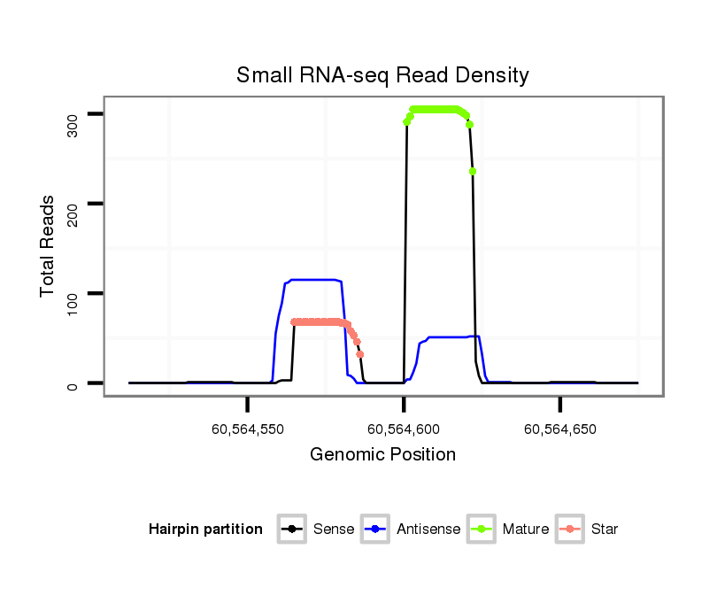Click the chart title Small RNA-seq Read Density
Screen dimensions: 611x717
click(x=382, y=75)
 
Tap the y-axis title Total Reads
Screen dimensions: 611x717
click(x=49, y=246)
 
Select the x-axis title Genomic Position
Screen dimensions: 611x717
click(x=382, y=455)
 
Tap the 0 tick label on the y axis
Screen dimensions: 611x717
click(x=73, y=383)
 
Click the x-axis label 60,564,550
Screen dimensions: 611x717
click(x=248, y=429)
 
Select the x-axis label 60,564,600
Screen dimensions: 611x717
click(x=404, y=429)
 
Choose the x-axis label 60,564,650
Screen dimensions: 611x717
click(x=560, y=429)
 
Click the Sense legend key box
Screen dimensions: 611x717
click(x=291, y=530)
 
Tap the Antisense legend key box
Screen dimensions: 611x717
click(x=375, y=530)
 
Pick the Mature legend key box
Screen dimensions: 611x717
click(x=482, y=530)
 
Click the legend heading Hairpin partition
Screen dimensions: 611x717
click(x=206, y=530)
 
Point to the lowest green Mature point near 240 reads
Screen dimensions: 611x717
click(x=473, y=171)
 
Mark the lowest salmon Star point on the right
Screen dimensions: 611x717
click(x=360, y=354)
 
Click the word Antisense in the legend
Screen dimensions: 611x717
click(x=428, y=530)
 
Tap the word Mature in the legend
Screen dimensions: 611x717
click(x=526, y=530)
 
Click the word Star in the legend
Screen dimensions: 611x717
click(x=605, y=530)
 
